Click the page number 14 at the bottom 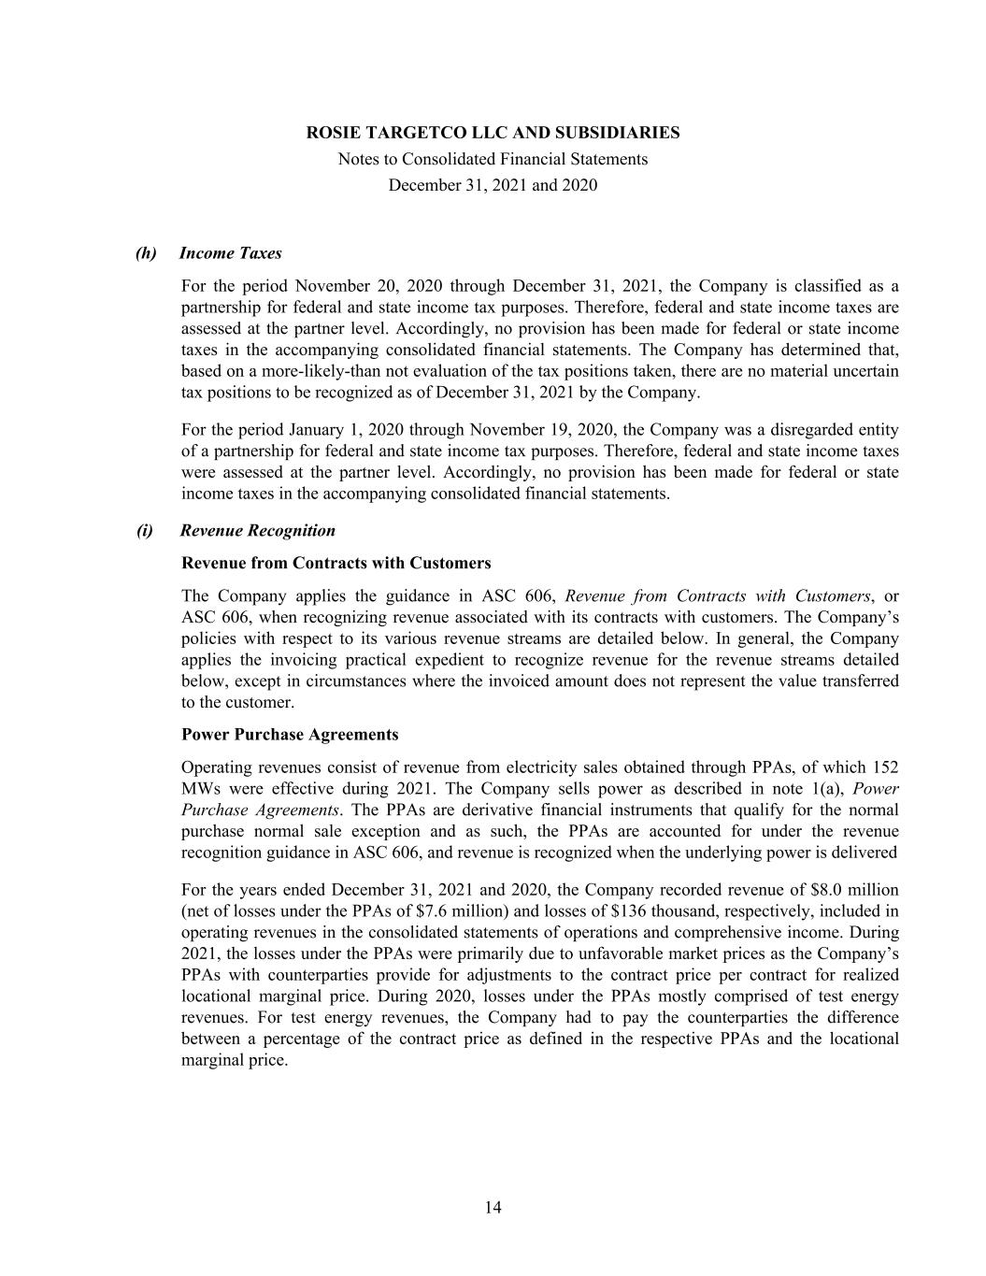pyautogui.click(x=493, y=1208)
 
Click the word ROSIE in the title pyautogui.click(x=332, y=133)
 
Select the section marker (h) pyautogui.click(x=146, y=253)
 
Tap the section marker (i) pyautogui.click(x=145, y=531)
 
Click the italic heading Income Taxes pyautogui.click(x=230, y=253)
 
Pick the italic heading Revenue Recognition pyautogui.click(x=257, y=531)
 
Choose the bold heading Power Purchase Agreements pyautogui.click(x=290, y=735)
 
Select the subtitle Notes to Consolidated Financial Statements pyautogui.click(x=493, y=159)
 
